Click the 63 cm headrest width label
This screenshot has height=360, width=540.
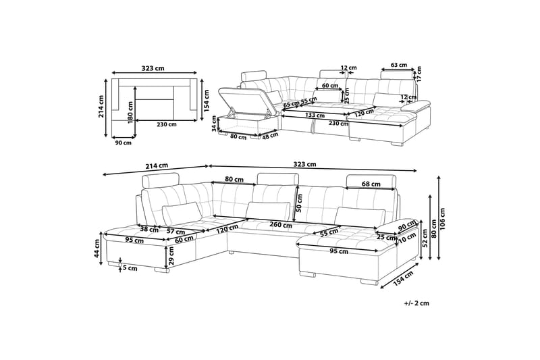(x=399, y=65)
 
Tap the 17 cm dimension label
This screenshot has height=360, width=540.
(x=418, y=74)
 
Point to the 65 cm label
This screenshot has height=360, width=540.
(x=291, y=104)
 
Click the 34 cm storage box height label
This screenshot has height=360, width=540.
(x=214, y=124)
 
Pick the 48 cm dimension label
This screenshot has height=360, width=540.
(x=271, y=135)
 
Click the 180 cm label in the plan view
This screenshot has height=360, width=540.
(x=130, y=113)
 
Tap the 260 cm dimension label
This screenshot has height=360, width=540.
(x=281, y=226)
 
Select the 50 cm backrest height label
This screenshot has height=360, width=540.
(x=299, y=203)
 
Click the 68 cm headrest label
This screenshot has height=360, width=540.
(x=371, y=184)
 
